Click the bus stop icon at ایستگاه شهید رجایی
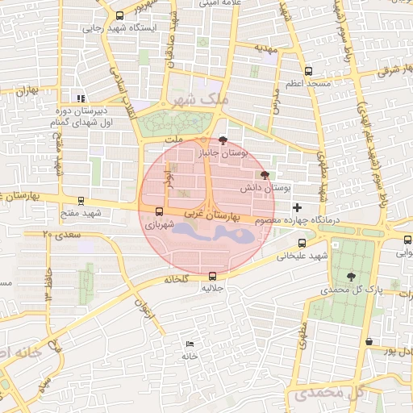coord(120,15)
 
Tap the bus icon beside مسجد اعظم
coord(308,71)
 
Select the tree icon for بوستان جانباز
coord(223,139)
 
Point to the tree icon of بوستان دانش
coord(265,174)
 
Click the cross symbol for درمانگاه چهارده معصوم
coord(298,207)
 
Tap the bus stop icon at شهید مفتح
coord(81,201)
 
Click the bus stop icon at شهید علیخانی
coord(302,243)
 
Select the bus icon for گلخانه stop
coord(212,274)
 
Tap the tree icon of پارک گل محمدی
coord(352,276)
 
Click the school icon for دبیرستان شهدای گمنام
coord(80,98)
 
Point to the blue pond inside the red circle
coord(214,235)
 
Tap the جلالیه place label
coord(212,288)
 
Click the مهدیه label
coord(266,48)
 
